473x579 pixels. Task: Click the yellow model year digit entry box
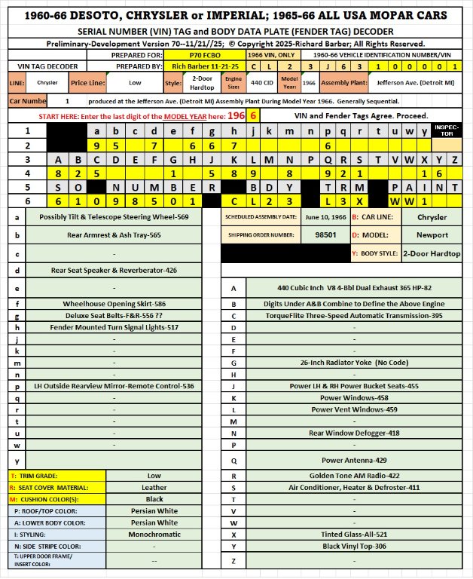tap(255, 117)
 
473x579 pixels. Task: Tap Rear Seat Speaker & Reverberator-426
tap(113, 270)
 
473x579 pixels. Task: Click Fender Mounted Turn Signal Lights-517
tap(113, 327)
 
